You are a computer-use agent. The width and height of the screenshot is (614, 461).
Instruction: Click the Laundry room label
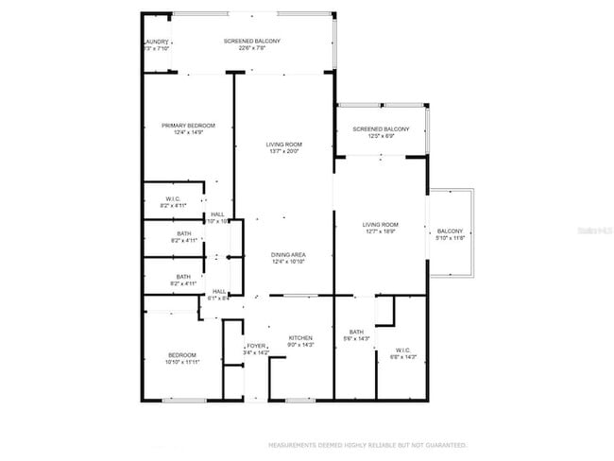point(155,42)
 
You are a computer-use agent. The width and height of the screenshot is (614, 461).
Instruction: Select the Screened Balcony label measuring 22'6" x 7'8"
point(251,42)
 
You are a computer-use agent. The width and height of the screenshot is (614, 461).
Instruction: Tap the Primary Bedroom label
point(188,126)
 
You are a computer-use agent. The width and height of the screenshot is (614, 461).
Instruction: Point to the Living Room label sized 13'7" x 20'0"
point(283,145)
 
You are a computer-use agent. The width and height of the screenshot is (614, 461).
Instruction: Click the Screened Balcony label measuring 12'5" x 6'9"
point(381,128)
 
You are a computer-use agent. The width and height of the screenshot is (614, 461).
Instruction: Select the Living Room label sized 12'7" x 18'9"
point(381,225)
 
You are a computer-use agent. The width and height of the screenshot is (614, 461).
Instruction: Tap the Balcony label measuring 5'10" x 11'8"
point(450,231)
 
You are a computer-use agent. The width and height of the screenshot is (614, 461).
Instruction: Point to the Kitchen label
point(300,338)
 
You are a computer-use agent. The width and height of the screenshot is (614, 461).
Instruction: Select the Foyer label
point(256,347)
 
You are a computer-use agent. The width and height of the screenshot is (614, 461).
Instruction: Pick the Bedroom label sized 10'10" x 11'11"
point(182,354)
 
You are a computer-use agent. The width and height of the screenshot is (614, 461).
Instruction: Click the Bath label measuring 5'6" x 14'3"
point(356,332)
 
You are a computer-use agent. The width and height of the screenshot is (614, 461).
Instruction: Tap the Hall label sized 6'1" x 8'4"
point(218,291)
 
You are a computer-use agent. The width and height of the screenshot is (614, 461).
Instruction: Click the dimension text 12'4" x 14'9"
point(188,133)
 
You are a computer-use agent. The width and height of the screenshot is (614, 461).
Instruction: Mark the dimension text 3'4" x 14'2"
point(256,354)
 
